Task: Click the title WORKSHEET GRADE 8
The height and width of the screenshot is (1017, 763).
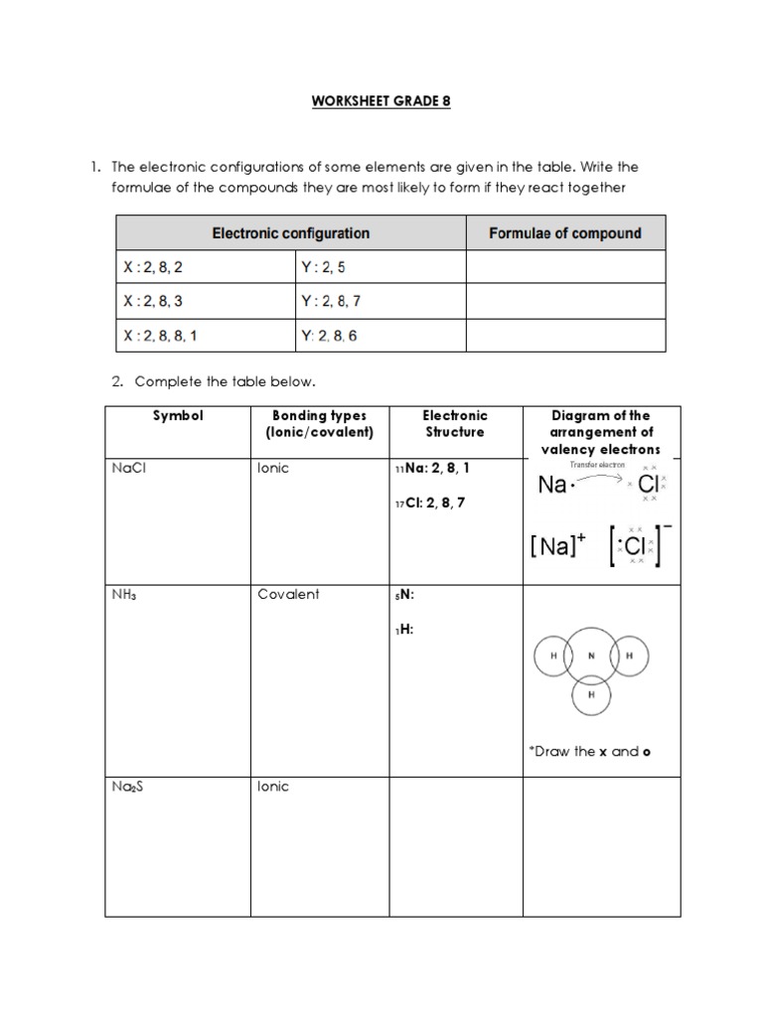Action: (382, 101)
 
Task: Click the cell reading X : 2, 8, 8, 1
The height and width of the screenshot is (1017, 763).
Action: (161, 336)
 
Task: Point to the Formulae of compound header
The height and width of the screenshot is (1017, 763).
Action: (565, 233)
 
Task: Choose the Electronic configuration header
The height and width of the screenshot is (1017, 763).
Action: (290, 233)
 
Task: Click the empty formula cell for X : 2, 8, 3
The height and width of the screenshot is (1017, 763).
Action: (565, 301)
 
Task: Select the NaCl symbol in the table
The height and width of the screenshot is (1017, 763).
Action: (129, 469)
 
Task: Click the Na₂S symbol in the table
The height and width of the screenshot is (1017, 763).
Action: (129, 787)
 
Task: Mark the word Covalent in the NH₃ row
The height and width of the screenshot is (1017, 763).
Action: (288, 594)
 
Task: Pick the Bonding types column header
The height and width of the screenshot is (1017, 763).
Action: (319, 424)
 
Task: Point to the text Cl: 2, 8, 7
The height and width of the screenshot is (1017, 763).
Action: (435, 503)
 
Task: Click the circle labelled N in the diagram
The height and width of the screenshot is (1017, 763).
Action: (592, 656)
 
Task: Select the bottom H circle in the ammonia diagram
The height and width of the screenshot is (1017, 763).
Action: (592, 696)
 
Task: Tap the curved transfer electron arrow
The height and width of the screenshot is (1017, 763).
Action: (597, 478)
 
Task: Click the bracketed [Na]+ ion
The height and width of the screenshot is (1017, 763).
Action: (559, 545)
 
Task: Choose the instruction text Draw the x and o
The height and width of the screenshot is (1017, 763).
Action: (589, 751)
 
